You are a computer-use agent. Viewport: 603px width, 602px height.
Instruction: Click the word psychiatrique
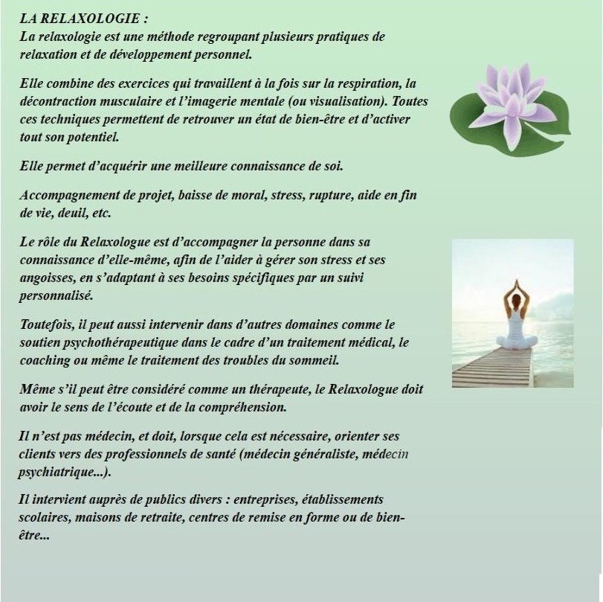pyautogui.click(x=54, y=472)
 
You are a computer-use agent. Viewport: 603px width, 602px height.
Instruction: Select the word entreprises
pyautogui.click(x=252, y=499)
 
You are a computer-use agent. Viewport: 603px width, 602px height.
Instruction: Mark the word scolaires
pyautogui.click(x=45, y=516)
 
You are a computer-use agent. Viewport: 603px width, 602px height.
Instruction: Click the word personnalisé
pyautogui.click(x=56, y=295)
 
